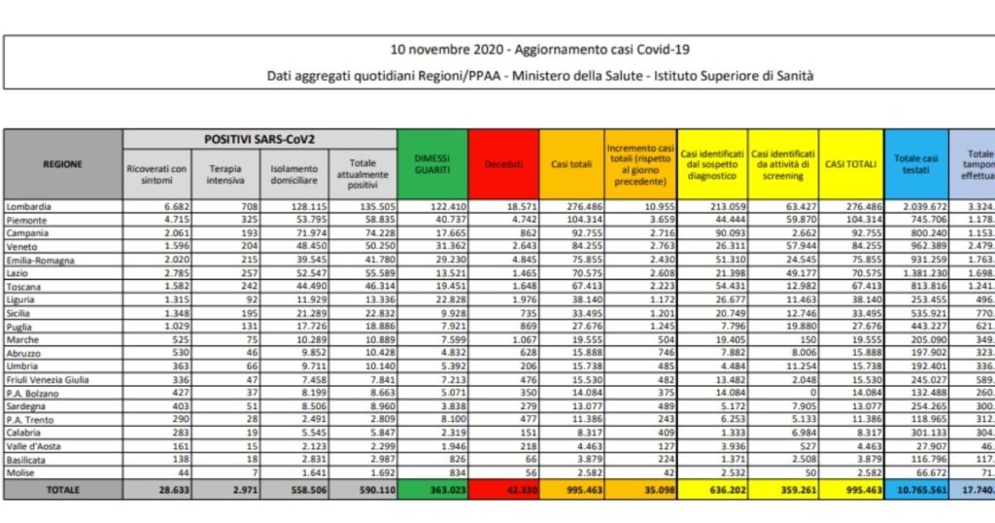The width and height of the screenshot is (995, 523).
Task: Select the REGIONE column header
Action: click(x=62, y=164)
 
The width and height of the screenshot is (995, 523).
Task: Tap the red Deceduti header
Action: click(x=504, y=164)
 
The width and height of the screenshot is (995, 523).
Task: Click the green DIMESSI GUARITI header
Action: click(x=433, y=164)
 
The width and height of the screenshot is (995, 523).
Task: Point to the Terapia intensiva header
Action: click(x=225, y=173)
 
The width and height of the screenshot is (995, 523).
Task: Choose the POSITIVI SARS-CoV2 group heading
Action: click(x=258, y=140)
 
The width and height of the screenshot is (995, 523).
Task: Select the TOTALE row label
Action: click(x=62, y=490)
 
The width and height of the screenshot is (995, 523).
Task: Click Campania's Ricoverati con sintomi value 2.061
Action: click(x=171, y=234)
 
